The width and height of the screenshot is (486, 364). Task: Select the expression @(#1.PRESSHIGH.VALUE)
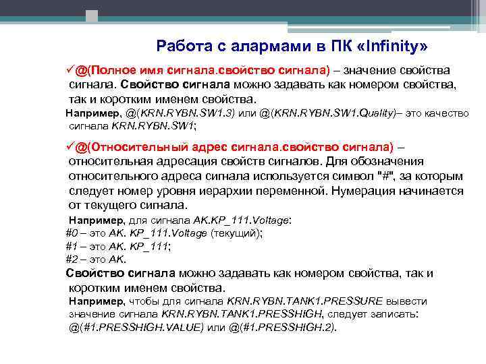[136, 328]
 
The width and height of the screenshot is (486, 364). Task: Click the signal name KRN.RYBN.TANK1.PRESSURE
[305, 301]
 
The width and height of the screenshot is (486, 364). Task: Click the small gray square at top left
[92, 16]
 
